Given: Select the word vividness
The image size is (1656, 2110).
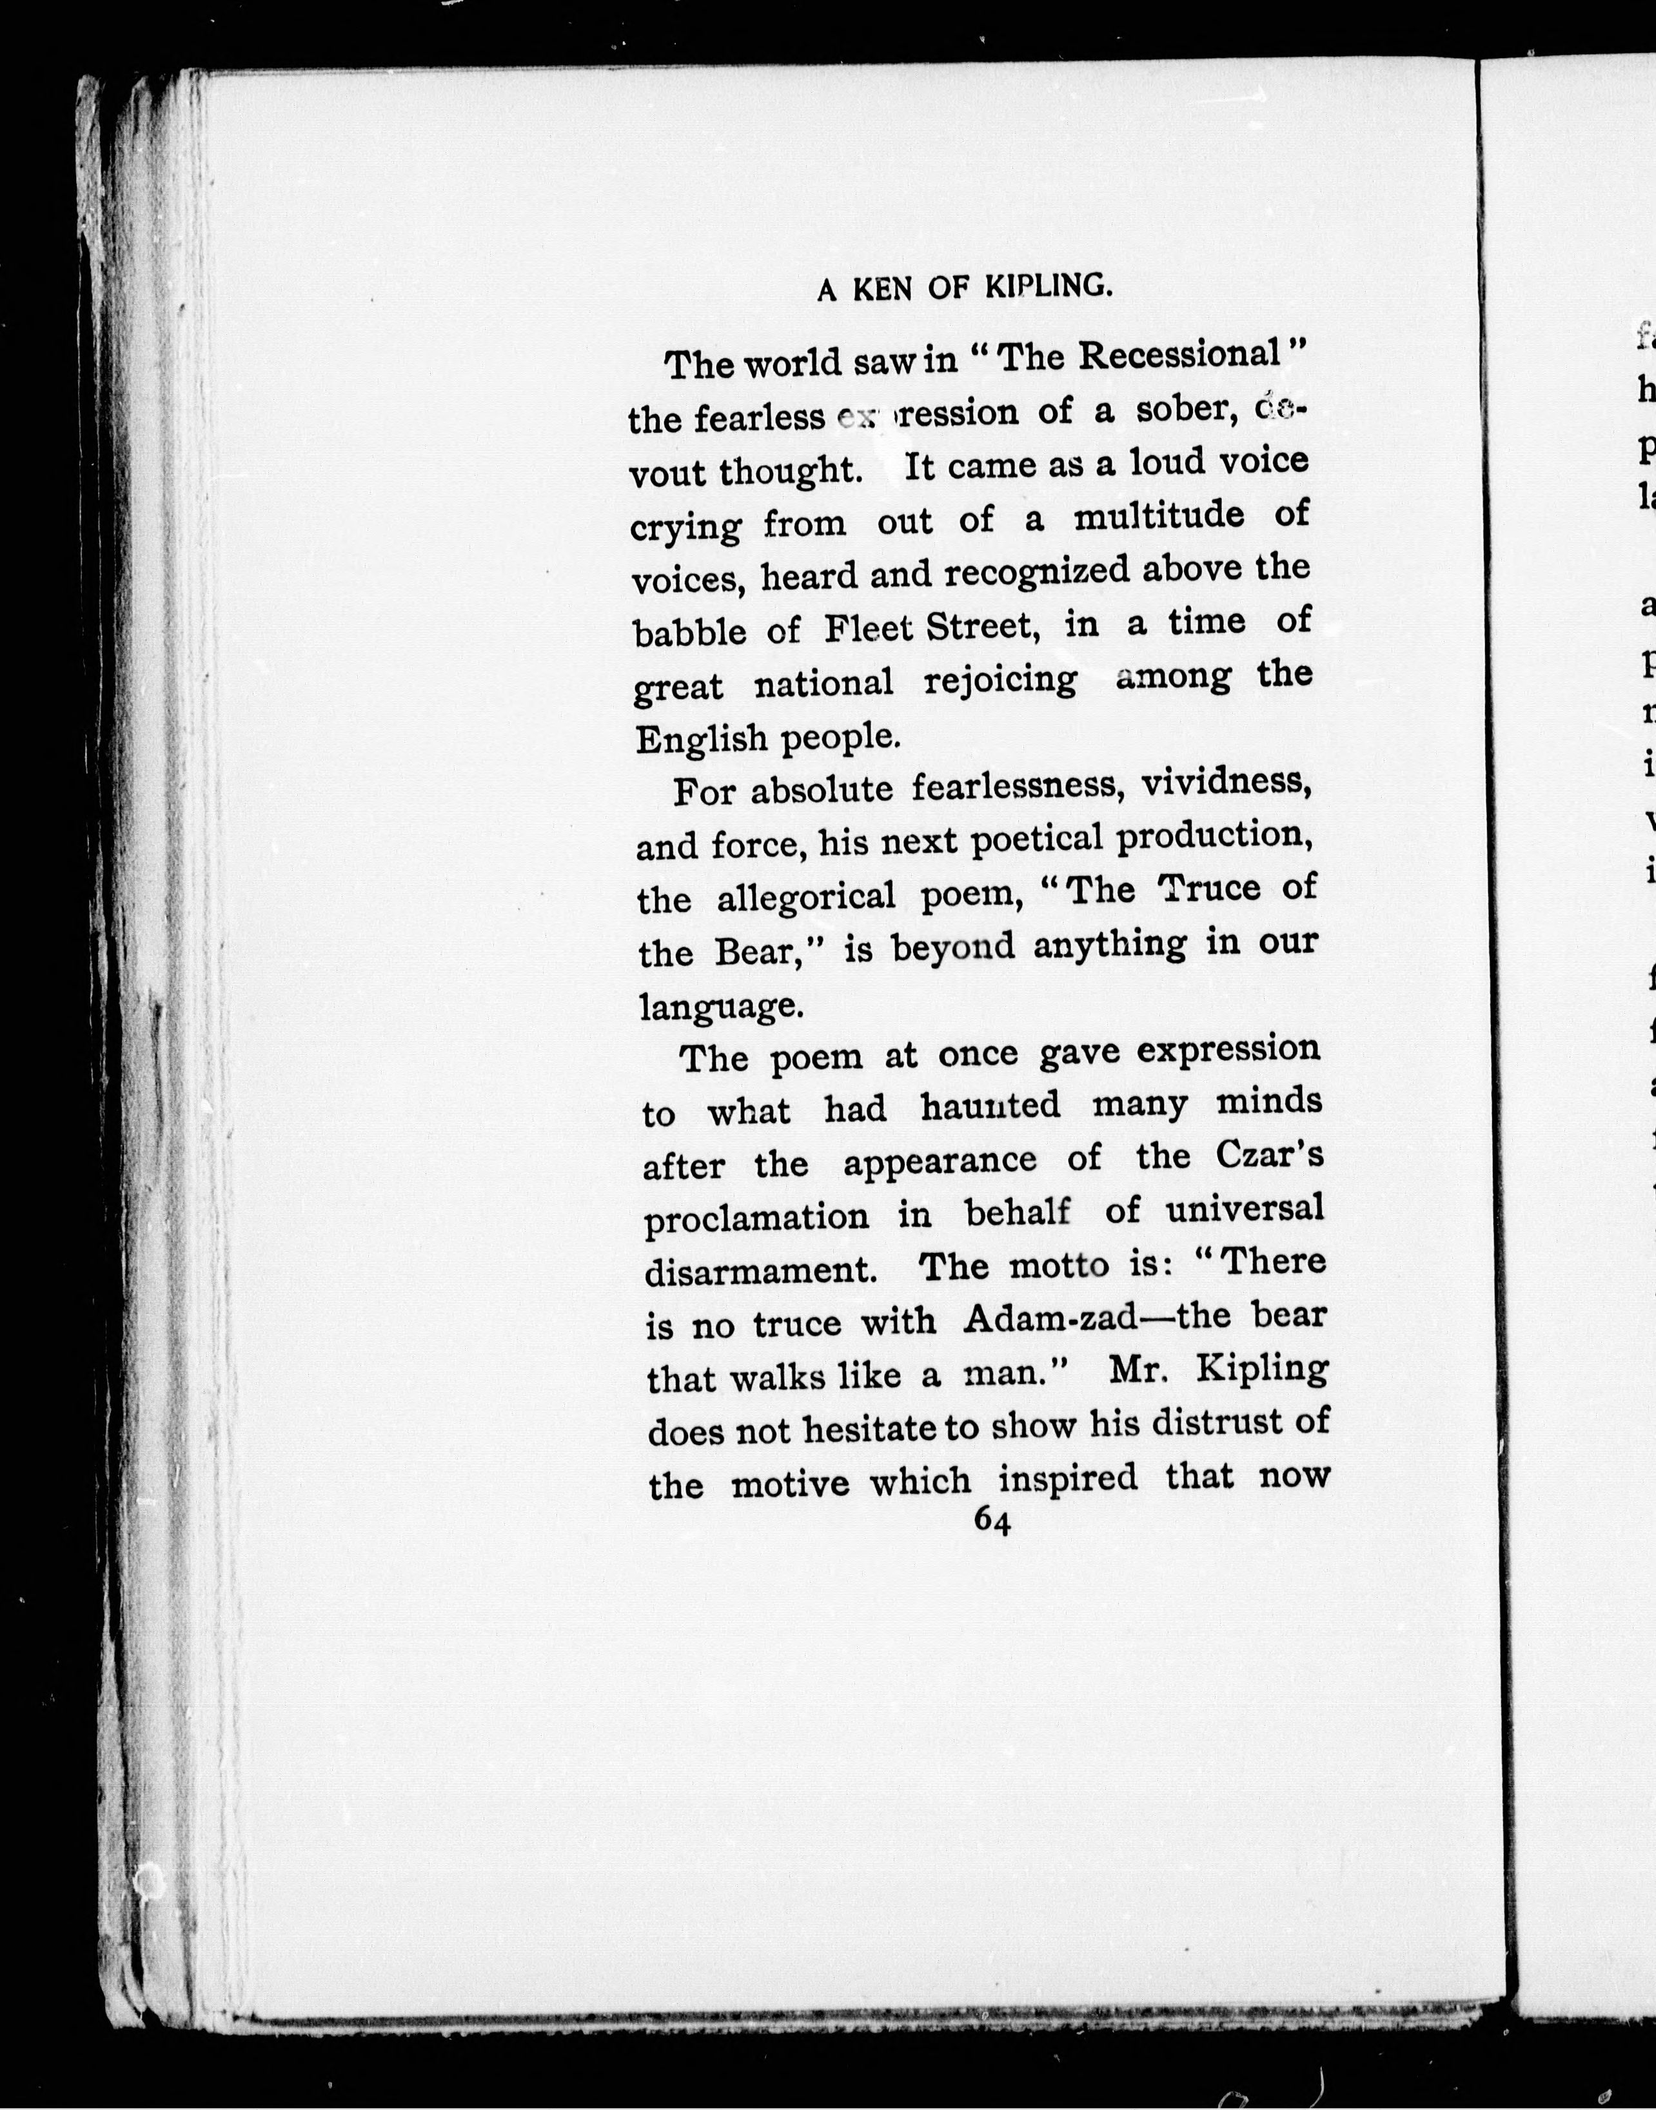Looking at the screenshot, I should tap(1227, 782).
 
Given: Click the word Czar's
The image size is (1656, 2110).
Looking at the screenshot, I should tap(1269, 1156).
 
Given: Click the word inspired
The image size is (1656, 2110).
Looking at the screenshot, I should tap(1067, 1478).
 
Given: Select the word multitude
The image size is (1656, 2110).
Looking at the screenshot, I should tap(1159, 516).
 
